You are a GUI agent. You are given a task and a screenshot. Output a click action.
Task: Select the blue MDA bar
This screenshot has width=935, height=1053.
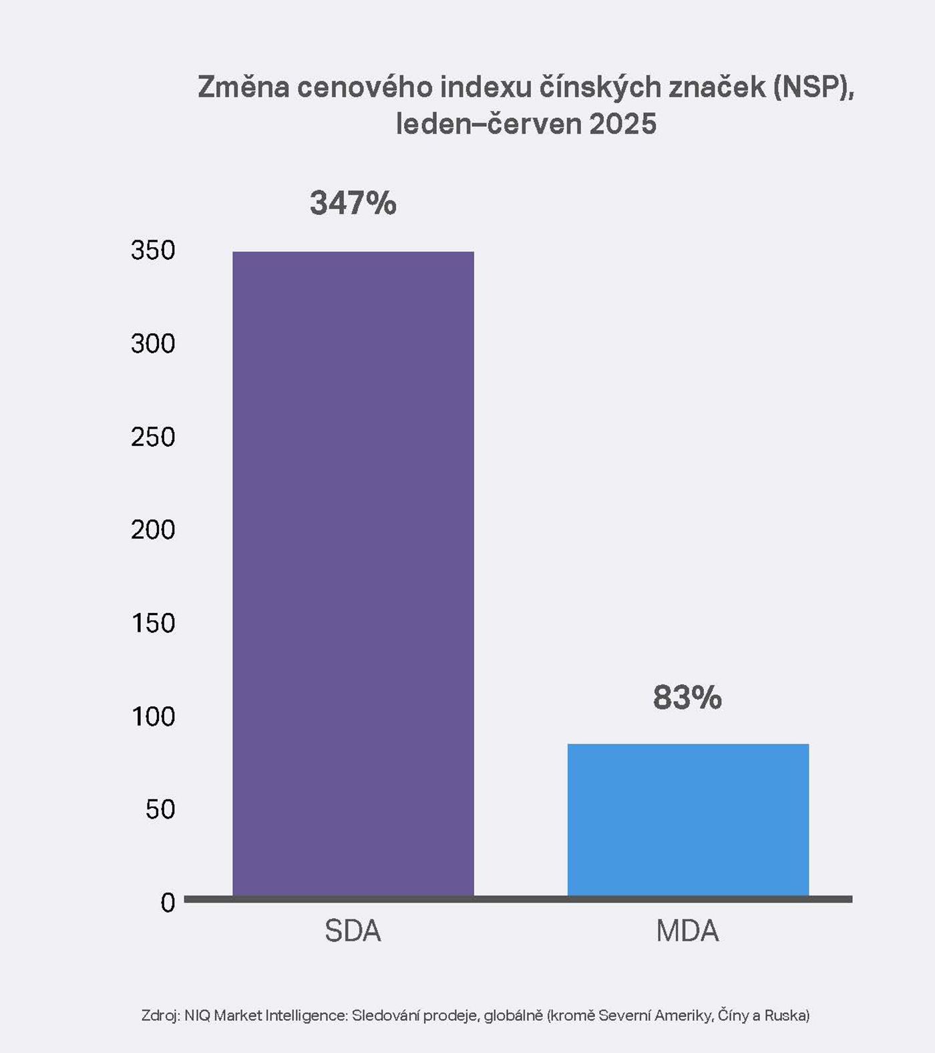pos(688,819)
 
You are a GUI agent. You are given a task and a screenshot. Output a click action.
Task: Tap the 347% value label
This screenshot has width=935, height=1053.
pos(353,203)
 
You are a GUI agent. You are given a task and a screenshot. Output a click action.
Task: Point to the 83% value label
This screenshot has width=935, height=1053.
pos(687,697)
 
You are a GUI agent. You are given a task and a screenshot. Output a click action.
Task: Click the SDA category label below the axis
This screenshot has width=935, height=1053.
pos(353,931)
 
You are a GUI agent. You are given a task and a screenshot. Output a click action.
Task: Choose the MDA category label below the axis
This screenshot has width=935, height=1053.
pos(687,931)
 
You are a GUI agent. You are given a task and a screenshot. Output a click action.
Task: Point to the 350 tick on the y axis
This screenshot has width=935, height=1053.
pos(153,250)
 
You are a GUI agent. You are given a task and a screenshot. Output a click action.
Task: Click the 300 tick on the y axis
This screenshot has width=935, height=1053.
pos(153,344)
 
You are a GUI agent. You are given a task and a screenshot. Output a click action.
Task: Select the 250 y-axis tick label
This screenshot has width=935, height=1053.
pos(153,437)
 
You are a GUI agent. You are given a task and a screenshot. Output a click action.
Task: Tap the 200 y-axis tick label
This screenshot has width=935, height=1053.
pos(153,530)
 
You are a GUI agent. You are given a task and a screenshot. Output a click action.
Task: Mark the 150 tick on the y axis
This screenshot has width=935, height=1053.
pos(153,623)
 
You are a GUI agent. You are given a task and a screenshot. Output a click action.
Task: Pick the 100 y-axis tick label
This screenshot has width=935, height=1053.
pos(153,716)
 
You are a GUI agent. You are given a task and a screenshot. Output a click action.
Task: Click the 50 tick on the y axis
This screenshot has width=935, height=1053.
pos(160,809)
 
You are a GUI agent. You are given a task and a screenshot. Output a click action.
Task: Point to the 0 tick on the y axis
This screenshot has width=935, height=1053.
pos(168,903)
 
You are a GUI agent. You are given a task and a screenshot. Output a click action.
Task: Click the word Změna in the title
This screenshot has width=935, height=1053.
pos(243,87)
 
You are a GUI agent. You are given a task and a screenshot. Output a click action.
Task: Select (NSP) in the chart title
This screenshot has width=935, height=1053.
pos(814,87)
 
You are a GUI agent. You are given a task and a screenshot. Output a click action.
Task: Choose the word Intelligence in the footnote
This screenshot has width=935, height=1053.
pos(306,1016)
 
